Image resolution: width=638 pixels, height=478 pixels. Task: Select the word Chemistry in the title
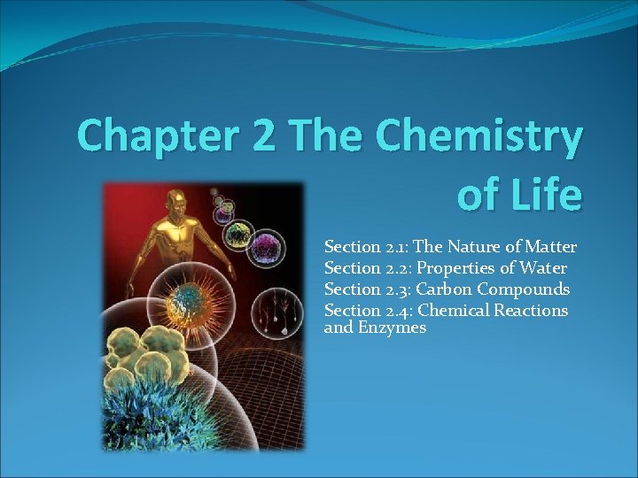479,137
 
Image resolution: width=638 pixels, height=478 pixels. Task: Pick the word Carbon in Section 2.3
447,289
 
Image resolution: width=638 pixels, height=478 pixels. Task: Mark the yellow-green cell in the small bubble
240,234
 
